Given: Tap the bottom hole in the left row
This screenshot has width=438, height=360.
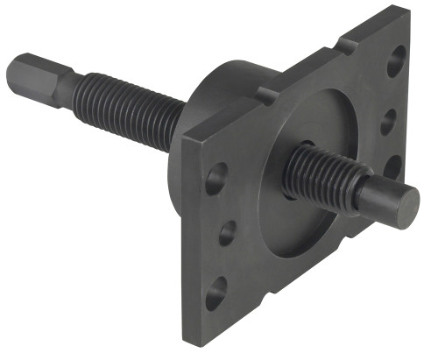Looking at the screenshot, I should click(x=215, y=293).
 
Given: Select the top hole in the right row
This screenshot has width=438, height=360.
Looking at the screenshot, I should click(x=397, y=60).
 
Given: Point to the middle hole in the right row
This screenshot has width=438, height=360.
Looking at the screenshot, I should click(x=388, y=122).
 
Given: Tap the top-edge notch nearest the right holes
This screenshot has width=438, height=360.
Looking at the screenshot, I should click(x=349, y=45).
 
